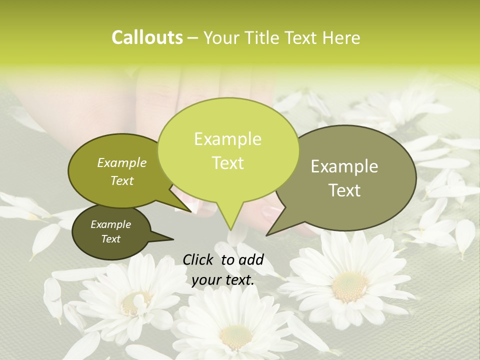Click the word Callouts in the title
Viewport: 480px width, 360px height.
coord(147,37)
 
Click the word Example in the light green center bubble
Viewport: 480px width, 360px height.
coord(227,139)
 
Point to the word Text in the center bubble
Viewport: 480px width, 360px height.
coord(227,163)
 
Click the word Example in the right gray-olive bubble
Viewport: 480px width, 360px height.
coord(344,166)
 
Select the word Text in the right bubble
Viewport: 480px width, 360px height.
coord(344,190)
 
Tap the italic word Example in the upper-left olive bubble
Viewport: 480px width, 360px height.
coord(121,162)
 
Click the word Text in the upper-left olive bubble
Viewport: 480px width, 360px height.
coord(121,180)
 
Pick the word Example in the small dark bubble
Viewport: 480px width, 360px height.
coord(110,224)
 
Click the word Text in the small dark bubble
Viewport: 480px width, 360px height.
coord(110,239)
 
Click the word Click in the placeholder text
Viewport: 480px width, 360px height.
coord(199,259)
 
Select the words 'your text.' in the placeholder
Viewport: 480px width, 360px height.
coord(223,280)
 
